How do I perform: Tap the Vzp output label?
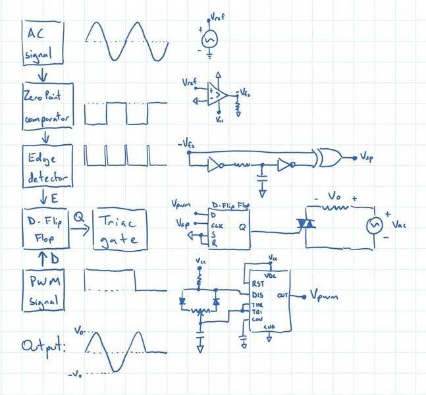click(x=368, y=158)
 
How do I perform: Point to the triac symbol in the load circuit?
click(x=305, y=224)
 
